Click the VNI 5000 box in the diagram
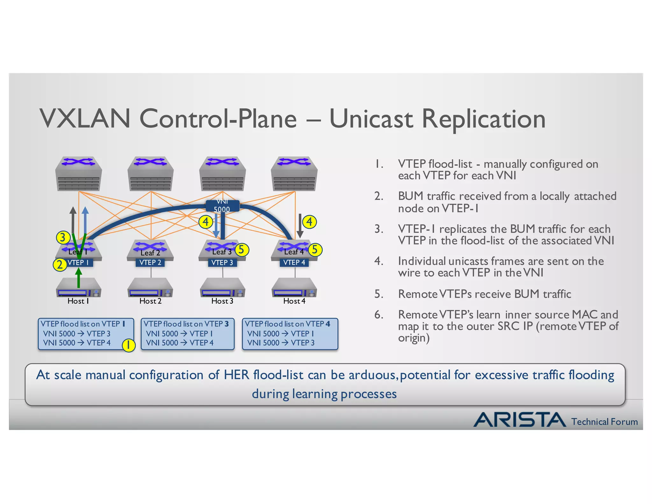pos(222,205)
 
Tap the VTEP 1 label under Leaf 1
pos(78,263)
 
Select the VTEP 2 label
pos(150,263)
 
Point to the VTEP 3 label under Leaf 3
pos(222,263)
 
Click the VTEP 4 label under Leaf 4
pos(294,263)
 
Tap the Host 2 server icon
pos(150,287)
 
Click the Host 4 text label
pos(294,301)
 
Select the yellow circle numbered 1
pos(129,345)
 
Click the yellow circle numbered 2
pos(60,264)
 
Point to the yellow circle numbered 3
pos(63,237)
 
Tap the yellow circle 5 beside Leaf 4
pos(315,249)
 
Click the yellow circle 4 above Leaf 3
pos(206,222)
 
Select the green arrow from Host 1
pos(79,278)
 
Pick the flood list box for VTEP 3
pos(188,334)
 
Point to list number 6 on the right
pos(379,315)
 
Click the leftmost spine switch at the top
pos(79,174)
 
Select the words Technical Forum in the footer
pos(604,422)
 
